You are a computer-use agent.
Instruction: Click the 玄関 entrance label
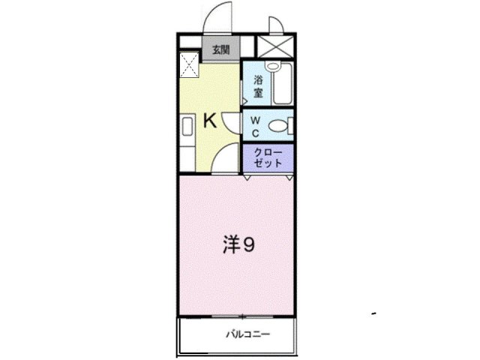[220, 51]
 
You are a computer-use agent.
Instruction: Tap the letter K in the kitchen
[211, 120]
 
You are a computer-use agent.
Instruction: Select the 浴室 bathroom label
[257, 86]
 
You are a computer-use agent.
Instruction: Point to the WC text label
[255, 127]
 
